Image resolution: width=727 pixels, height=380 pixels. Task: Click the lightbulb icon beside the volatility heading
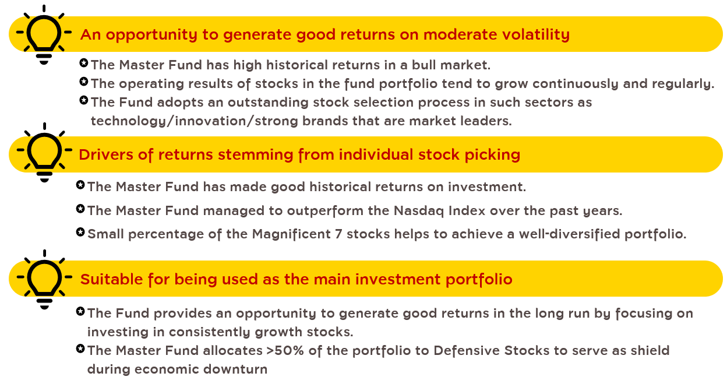(x=44, y=35)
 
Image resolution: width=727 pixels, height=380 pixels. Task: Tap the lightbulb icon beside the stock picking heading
(x=44, y=152)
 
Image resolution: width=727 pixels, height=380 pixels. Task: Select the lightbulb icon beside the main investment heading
(x=44, y=279)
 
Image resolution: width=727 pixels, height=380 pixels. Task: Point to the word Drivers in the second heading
(x=106, y=154)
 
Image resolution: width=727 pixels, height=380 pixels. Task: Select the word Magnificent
(x=291, y=234)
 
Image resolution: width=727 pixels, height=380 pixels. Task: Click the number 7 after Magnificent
(x=338, y=234)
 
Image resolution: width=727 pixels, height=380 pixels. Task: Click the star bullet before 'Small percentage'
(x=80, y=232)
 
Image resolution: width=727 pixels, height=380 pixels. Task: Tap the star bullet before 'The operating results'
(x=84, y=82)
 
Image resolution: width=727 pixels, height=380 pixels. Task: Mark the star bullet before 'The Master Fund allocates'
(x=80, y=349)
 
